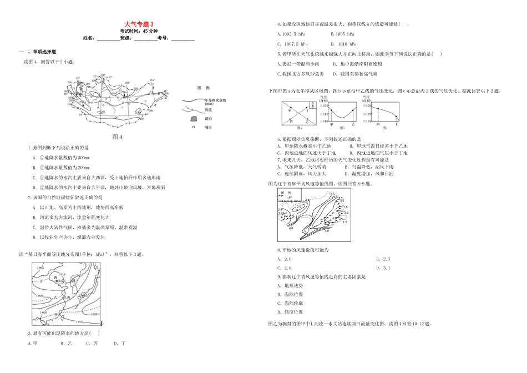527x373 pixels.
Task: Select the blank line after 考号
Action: tap(183, 39)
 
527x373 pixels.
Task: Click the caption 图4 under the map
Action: tap(116, 137)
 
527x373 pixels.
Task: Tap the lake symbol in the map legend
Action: tap(192, 119)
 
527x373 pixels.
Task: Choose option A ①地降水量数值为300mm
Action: tap(62, 157)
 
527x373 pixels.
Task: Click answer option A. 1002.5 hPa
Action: tap(292, 34)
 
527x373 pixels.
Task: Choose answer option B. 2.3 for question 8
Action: tap(383, 259)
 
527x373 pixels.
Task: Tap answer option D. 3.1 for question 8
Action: tap(383, 268)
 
